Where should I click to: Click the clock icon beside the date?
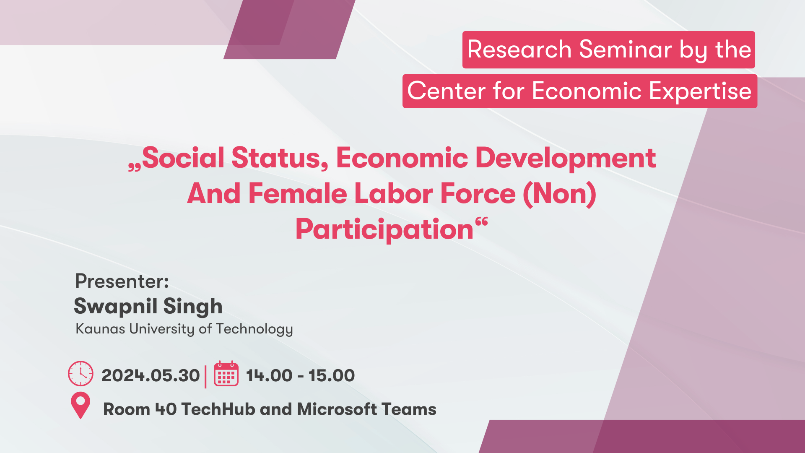[x=80, y=373]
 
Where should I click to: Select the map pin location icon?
[x=80, y=405]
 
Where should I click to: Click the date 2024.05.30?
[x=151, y=375]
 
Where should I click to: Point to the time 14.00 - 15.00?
[x=300, y=375]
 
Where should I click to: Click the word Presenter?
[x=122, y=281]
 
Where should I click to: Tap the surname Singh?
[x=193, y=307]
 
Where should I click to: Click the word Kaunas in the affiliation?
[x=100, y=329]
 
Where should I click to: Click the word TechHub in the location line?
[x=218, y=409]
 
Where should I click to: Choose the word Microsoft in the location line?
[x=337, y=409]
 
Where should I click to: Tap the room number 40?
[x=166, y=409]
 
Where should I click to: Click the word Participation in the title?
[x=384, y=229]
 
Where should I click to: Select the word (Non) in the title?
[x=560, y=194]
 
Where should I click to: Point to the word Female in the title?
[x=298, y=194]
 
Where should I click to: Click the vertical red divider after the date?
[x=205, y=377]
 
